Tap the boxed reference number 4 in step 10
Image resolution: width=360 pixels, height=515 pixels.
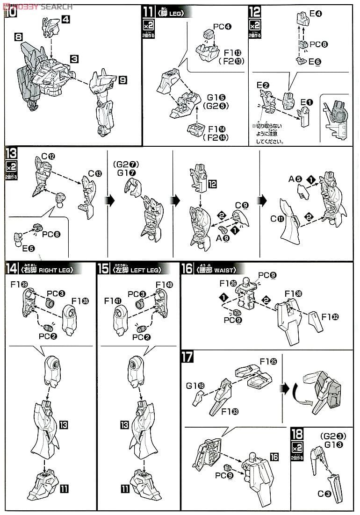coord(66,20)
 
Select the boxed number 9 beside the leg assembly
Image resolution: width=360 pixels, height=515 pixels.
coord(122,80)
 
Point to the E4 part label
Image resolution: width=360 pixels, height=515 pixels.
coord(316,14)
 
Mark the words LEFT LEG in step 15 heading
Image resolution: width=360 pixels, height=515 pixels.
coord(144,270)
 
